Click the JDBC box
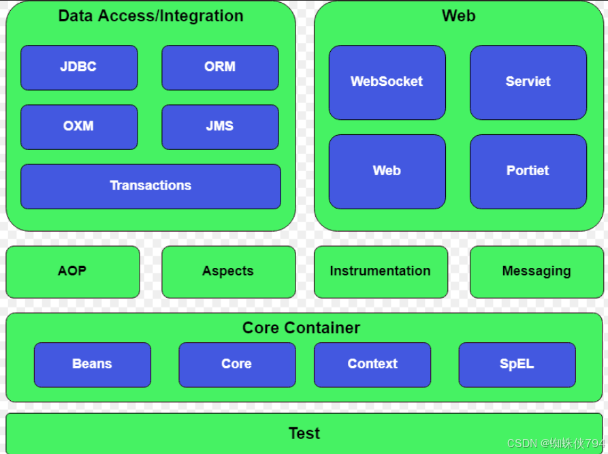[x=79, y=67]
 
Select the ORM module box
[x=220, y=67]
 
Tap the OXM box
[x=79, y=127]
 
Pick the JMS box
[x=220, y=127]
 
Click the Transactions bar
[x=150, y=186]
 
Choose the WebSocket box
[x=387, y=82]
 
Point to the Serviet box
[x=528, y=82]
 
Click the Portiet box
[x=528, y=171]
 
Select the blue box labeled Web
[x=387, y=171]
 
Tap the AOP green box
[x=72, y=271]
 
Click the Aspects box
[x=228, y=271]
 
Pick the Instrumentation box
[x=380, y=271]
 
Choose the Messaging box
[x=537, y=271]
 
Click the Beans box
[x=92, y=364]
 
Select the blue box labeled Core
[x=236, y=364]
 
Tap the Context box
[x=372, y=364]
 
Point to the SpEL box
[x=517, y=364]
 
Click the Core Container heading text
[x=301, y=328]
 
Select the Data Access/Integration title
[x=150, y=16]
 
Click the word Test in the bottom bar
[x=304, y=434]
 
